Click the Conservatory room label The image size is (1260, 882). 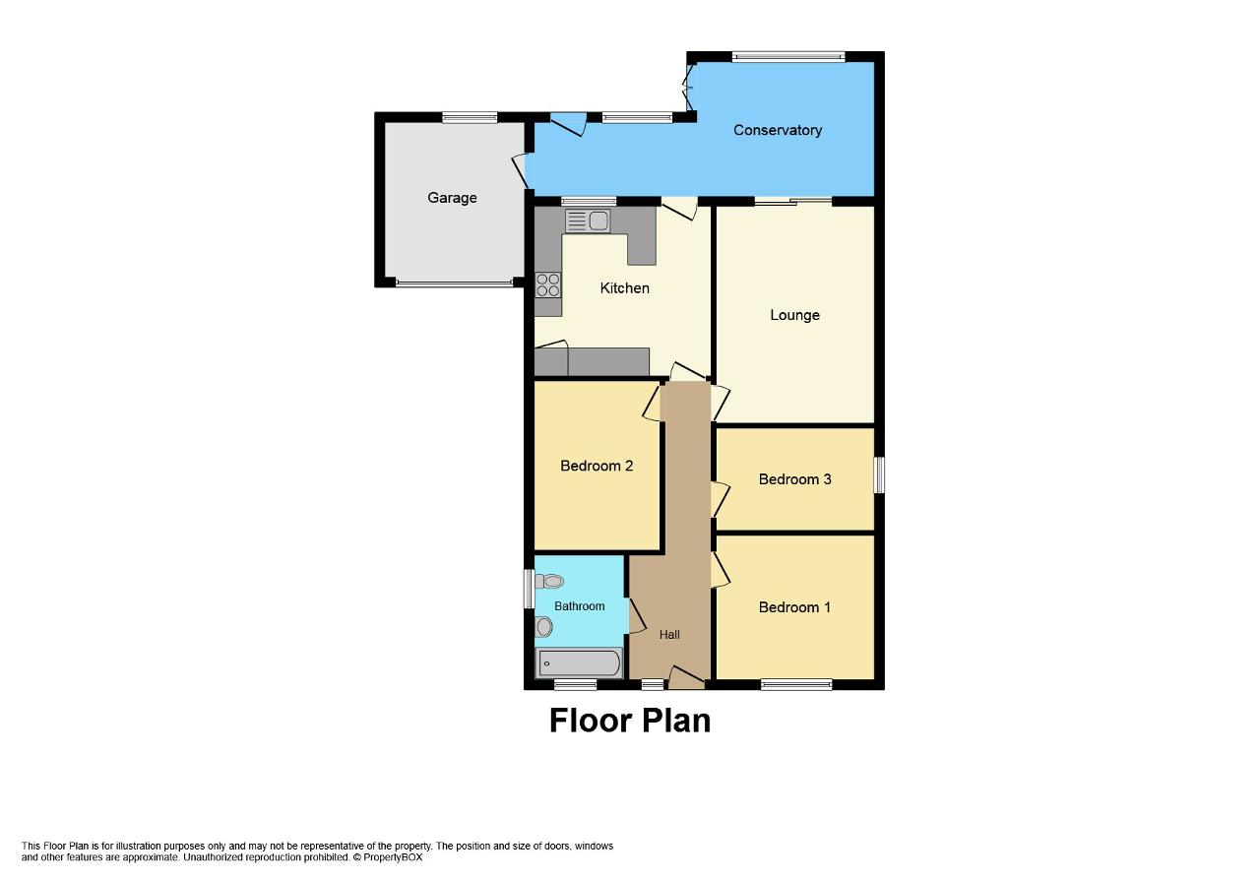pyautogui.click(x=778, y=130)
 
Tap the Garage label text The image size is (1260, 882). pyautogui.click(x=452, y=198)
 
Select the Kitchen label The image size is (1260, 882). pyautogui.click(x=624, y=288)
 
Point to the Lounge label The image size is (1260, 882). pyautogui.click(x=794, y=315)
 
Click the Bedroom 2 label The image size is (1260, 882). pyautogui.click(x=597, y=466)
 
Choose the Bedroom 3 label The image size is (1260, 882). pyautogui.click(x=794, y=479)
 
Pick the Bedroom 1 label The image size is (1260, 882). pyautogui.click(x=794, y=607)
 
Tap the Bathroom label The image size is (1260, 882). pyautogui.click(x=580, y=606)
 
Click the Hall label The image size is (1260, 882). pyautogui.click(x=669, y=635)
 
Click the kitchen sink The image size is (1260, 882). pyautogui.click(x=588, y=220)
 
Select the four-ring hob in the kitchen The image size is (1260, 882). pyautogui.click(x=548, y=284)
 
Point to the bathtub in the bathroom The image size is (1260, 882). pyautogui.click(x=579, y=663)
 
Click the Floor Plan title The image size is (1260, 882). pyautogui.click(x=630, y=721)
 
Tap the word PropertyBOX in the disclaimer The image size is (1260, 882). pyautogui.click(x=393, y=857)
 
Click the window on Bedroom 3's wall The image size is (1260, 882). pyautogui.click(x=879, y=474)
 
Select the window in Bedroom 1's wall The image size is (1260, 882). pyautogui.click(x=796, y=684)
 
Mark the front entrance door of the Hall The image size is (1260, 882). pyautogui.click(x=686, y=678)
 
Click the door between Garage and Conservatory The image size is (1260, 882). pyautogui.click(x=522, y=170)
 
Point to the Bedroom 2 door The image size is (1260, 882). pyautogui.click(x=653, y=402)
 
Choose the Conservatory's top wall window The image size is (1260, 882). pyautogui.click(x=788, y=56)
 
